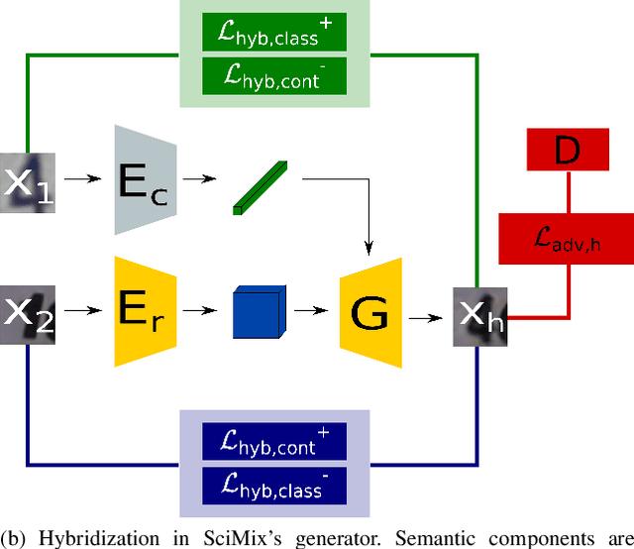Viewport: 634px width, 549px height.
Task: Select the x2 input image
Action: pos(28,314)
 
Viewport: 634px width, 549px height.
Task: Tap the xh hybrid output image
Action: pos(480,317)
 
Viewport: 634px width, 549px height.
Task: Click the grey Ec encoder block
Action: pos(145,180)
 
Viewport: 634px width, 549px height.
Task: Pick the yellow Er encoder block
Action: pos(145,310)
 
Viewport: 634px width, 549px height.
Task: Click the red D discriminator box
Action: pos(568,152)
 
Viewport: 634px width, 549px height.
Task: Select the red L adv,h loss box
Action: pos(567,239)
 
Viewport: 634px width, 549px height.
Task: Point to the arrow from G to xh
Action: pos(427,317)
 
